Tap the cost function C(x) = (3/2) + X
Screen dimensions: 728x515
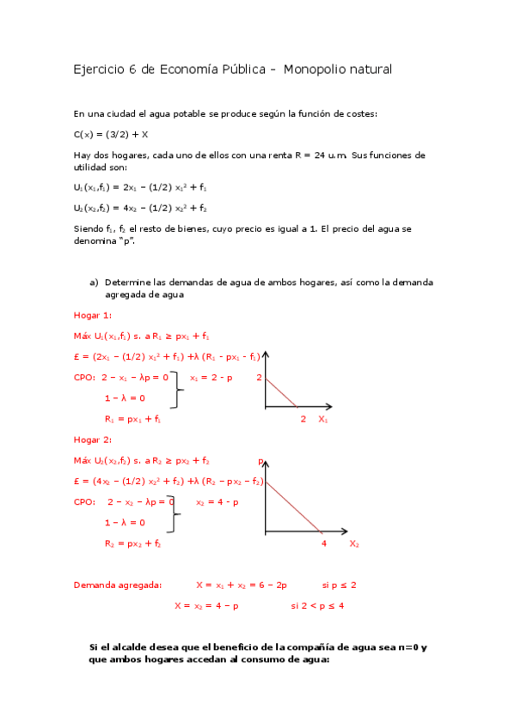click(x=111, y=134)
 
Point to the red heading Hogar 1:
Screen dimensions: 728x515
click(x=93, y=315)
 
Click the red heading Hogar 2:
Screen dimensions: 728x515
click(x=93, y=440)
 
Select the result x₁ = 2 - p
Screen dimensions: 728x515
click(x=211, y=378)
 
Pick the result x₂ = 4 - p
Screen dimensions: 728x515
click(x=218, y=502)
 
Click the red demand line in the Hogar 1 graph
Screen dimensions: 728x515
click(x=281, y=392)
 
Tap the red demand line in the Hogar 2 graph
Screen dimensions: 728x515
click(x=295, y=507)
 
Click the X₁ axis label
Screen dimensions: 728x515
click(x=323, y=420)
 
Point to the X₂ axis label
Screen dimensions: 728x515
click(x=354, y=544)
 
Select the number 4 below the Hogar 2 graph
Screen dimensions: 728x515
click(x=323, y=544)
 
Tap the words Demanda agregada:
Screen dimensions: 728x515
click(x=117, y=585)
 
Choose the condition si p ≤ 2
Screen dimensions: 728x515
click(x=339, y=585)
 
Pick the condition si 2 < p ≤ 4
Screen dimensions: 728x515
click(x=317, y=605)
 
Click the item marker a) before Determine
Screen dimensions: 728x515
click(x=95, y=282)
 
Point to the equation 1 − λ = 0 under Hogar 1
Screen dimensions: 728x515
click(x=125, y=397)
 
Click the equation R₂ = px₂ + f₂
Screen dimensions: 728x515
click(x=133, y=543)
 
